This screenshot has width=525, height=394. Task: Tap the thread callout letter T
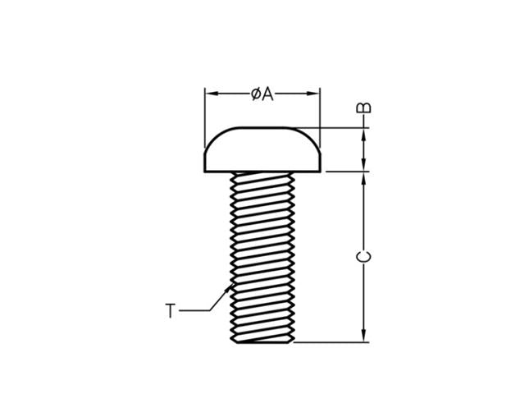point(170,311)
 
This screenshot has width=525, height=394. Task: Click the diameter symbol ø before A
point(257,94)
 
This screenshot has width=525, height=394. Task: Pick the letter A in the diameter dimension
point(268,94)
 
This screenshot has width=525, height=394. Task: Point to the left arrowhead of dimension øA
point(209,94)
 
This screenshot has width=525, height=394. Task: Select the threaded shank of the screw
point(262,254)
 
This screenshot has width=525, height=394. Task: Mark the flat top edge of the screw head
point(262,128)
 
